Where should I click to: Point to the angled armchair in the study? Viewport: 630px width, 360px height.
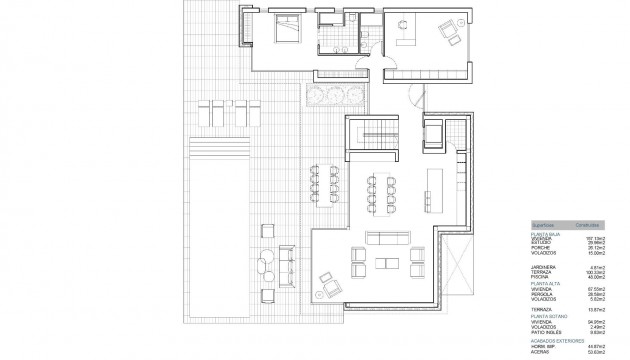coord(445,31)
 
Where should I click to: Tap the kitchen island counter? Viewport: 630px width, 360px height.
coord(436,187)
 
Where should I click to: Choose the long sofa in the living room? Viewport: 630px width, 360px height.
coord(386,238)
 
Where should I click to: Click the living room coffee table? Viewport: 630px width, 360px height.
coord(386,263)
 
